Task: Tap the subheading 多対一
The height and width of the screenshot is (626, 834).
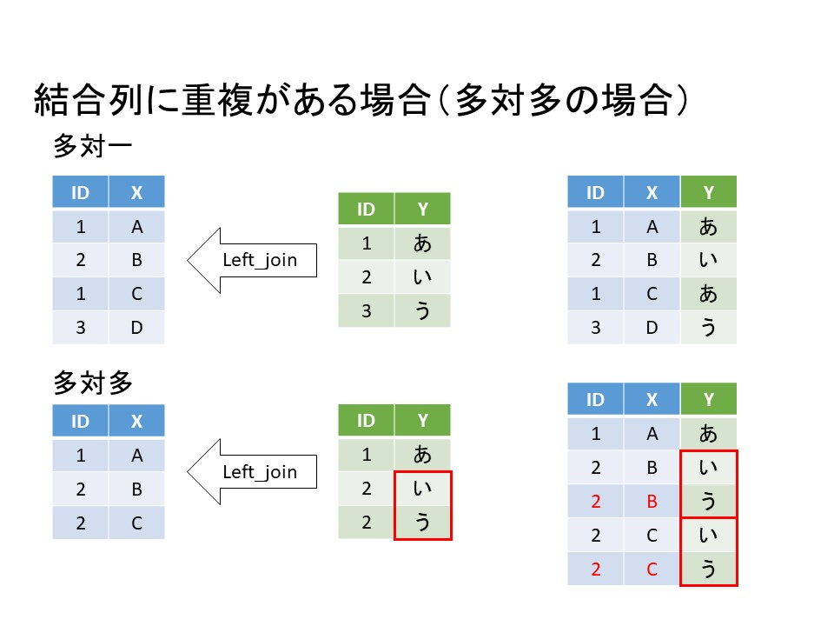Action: pos(92,146)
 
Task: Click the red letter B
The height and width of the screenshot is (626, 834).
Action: pos(652,502)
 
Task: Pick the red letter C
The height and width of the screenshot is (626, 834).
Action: pos(652,569)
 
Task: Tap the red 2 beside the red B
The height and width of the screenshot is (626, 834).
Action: pos(595,502)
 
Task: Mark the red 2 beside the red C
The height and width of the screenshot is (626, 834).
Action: pos(595,569)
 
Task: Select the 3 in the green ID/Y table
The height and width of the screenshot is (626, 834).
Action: pos(366,310)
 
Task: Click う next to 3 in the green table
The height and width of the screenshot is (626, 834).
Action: pos(422,310)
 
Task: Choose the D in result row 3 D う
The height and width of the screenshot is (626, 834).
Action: pos(652,328)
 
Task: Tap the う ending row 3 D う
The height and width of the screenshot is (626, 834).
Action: pos(708,328)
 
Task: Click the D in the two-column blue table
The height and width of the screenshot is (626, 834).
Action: pos(136,328)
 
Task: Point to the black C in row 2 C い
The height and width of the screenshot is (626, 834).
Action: pos(652,536)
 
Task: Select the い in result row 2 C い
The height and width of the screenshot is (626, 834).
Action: pos(708,536)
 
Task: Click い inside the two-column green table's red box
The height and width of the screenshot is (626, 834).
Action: pos(422,489)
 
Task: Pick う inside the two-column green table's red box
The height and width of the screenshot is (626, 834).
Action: pos(422,522)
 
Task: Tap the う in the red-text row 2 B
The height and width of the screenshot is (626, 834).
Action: pos(708,502)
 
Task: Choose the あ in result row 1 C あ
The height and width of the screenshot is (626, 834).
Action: pos(708,294)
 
